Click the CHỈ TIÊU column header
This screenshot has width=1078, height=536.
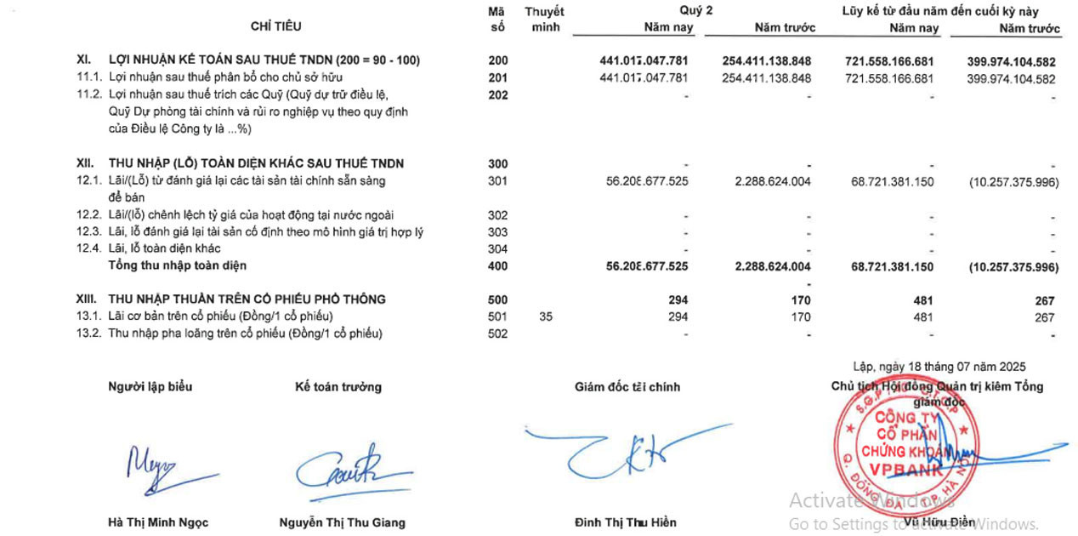pos(275,26)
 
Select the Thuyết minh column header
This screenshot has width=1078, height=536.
pos(544,20)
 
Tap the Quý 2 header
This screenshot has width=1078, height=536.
pos(695,11)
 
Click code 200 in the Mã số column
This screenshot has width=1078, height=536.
pos(498,61)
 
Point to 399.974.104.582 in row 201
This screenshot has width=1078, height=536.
pos(1011,79)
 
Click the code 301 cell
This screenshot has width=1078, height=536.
pos(498,181)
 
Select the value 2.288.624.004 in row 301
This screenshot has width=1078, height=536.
pos(772,181)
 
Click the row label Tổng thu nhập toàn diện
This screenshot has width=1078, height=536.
pos(177,266)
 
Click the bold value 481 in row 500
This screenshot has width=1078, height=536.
pos(922,300)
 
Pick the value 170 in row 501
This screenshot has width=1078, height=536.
pos(800,317)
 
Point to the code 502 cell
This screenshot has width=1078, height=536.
pos(498,334)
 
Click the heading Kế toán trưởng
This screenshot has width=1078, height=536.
pos(338,387)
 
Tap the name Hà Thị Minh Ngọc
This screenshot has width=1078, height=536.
pos(158,522)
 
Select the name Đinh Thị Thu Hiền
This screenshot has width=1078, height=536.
pos(626,522)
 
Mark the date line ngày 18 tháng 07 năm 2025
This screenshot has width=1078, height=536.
pos(939,367)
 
